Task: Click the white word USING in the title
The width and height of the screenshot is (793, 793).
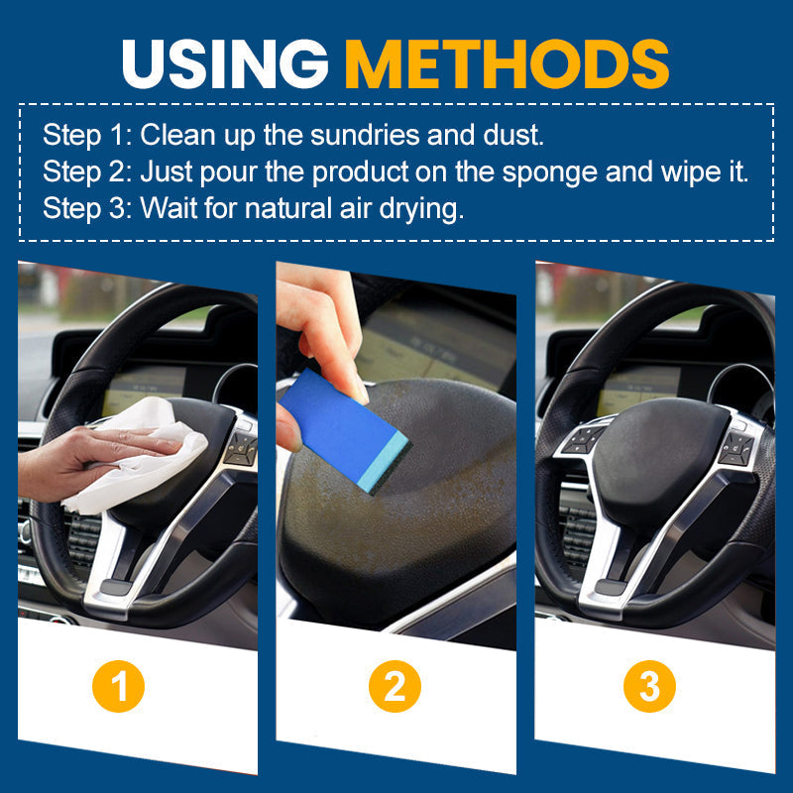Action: click(225, 63)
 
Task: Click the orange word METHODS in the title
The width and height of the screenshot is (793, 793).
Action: click(508, 63)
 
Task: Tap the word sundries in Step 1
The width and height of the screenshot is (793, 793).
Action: click(365, 135)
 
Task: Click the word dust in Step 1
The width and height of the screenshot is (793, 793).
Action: click(513, 135)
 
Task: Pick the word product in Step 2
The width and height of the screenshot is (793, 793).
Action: click(360, 172)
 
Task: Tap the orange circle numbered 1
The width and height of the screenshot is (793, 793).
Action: click(118, 686)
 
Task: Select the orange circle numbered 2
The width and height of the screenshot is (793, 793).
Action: click(395, 686)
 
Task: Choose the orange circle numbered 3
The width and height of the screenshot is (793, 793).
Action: click(649, 686)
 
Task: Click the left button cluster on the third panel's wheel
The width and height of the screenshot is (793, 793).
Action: click(583, 438)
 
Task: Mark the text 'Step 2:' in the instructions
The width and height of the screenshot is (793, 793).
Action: click(87, 172)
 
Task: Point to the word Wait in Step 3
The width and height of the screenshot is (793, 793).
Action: click(168, 208)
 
